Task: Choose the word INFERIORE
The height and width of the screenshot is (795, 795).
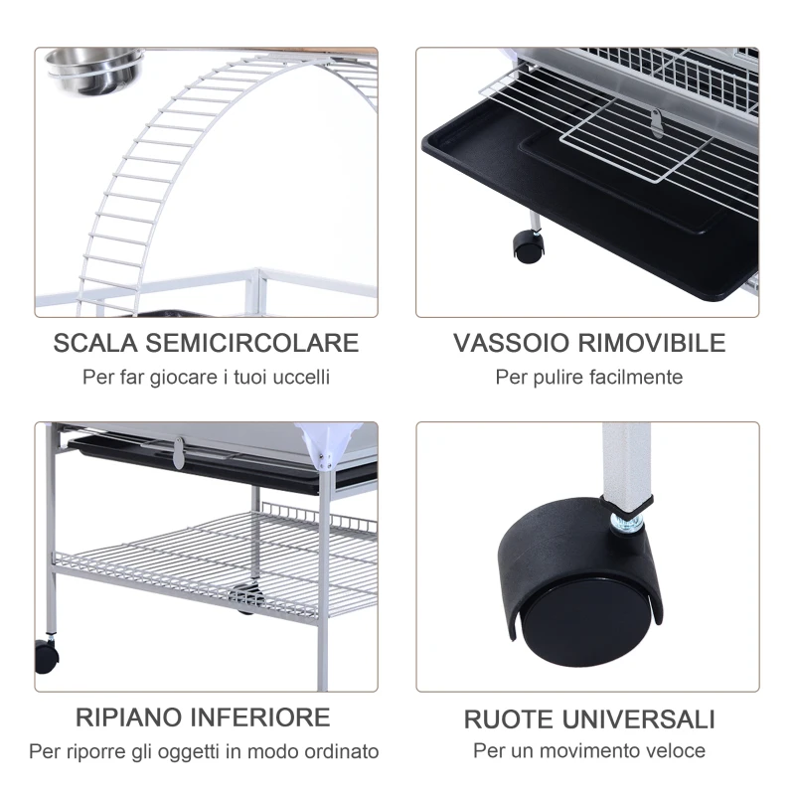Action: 263,716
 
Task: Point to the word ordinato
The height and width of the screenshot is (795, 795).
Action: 343,751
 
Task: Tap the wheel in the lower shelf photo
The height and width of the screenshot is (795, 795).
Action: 46,656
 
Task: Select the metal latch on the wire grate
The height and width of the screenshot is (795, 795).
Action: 655,122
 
